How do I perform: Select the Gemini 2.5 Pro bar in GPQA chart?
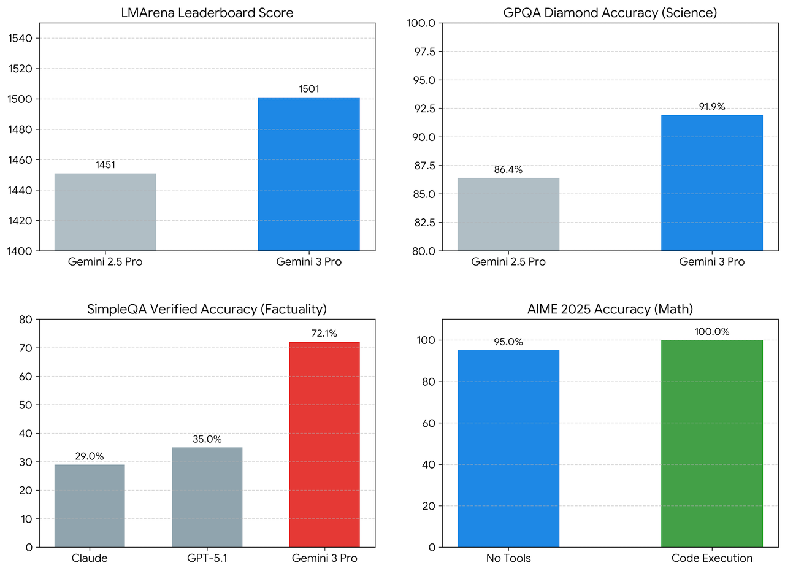tap(508, 214)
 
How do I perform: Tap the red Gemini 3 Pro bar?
tap(324, 444)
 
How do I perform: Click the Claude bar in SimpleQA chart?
tap(90, 505)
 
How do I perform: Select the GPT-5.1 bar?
tap(207, 497)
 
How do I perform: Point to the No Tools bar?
tap(508, 448)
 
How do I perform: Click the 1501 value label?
tap(309, 89)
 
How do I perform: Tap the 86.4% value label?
tap(508, 169)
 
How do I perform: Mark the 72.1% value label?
tap(324, 333)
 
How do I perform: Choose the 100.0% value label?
tap(712, 331)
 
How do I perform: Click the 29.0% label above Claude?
tap(90, 456)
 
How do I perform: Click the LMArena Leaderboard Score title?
tap(207, 12)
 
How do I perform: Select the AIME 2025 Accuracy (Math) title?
tap(610, 308)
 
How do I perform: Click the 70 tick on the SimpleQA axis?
tap(25, 348)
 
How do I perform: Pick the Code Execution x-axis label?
tap(711, 558)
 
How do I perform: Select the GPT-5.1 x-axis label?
tap(207, 558)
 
